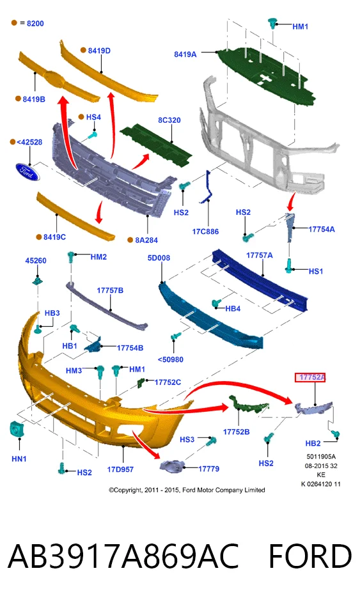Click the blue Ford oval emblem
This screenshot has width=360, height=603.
(27, 172)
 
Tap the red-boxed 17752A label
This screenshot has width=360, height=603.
(310, 377)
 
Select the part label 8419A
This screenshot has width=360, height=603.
(185, 54)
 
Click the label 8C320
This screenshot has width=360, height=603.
(169, 120)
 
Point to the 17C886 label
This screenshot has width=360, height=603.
(205, 231)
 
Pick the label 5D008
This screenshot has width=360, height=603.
(159, 258)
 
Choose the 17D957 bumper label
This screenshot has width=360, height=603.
(120, 469)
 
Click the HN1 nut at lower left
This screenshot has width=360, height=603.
(15, 429)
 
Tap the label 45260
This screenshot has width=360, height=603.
(36, 260)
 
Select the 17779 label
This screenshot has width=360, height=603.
(209, 469)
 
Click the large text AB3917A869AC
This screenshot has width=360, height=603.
(123, 556)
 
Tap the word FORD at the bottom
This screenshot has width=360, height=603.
(310, 556)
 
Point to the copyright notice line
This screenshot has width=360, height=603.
(187, 490)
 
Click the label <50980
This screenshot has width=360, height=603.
(171, 359)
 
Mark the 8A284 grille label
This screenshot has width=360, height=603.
(146, 240)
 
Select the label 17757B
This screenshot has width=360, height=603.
(110, 290)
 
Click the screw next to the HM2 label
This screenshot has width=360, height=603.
(71, 256)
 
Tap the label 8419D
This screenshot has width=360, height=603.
(99, 51)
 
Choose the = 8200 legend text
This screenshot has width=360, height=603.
(32, 23)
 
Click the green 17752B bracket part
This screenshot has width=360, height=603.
(247, 405)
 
